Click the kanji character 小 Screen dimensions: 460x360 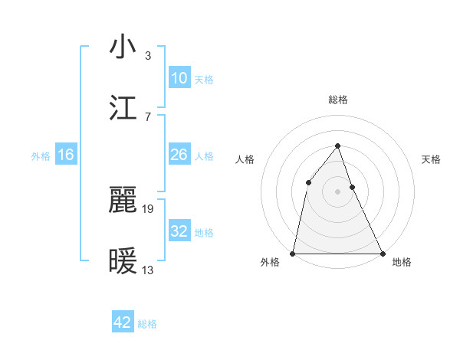[123, 47]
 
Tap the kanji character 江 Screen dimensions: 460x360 [123, 107]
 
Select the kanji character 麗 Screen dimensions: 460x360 [123, 201]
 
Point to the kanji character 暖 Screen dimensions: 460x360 [123, 261]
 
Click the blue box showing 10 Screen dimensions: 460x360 [179, 78]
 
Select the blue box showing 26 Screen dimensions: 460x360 [179, 155]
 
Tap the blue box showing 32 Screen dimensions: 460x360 [179, 231]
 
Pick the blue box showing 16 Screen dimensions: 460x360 [66, 155]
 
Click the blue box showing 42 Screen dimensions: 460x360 [123, 322]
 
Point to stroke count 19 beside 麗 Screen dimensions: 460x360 [149, 208]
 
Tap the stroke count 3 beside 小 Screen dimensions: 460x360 [147, 55]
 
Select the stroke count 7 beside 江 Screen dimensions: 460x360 [147, 116]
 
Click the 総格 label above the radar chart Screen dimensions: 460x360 [337, 100]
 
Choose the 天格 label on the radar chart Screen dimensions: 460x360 [432, 159]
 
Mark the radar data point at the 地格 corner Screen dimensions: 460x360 [383, 253]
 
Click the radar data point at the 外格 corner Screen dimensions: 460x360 [293, 253]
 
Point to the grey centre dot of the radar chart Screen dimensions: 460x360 [337, 191]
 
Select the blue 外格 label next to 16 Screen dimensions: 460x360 [41, 156]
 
